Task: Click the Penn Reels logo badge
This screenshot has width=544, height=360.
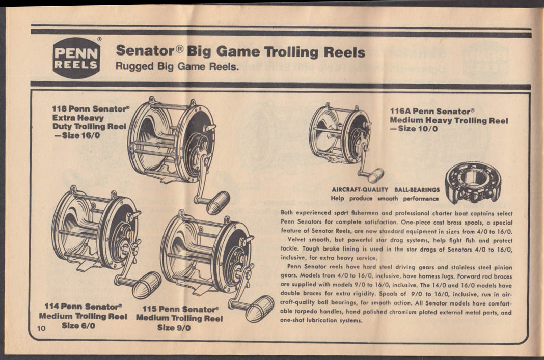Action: click(76, 58)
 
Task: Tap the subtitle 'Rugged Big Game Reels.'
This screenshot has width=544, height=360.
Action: click(177, 66)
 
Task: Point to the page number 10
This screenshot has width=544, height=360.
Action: click(42, 328)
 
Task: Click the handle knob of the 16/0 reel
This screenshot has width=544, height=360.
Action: click(218, 203)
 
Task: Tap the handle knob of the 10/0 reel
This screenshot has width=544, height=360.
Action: click(375, 175)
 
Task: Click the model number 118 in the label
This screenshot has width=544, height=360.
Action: click(60, 108)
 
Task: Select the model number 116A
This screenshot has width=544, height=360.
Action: click(400, 111)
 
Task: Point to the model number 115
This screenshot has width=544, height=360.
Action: click(150, 309)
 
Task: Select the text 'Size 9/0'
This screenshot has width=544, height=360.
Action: click(174, 328)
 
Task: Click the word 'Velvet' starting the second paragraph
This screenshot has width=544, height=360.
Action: click(298, 240)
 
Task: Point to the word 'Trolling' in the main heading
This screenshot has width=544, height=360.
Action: click(293, 52)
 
